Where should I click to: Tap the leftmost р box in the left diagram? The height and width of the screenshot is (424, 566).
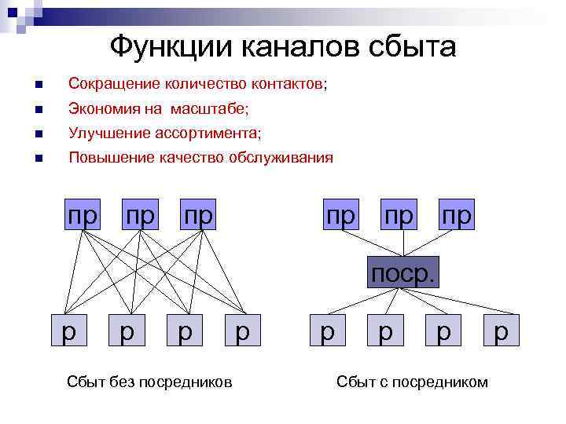click(69, 331)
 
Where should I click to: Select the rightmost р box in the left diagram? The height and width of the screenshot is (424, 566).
click(243, 331)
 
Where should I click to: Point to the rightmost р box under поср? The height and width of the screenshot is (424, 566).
click(502, 331)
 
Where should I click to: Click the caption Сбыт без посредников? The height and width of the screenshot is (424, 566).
click(150, 382)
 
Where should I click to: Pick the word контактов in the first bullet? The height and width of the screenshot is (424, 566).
click(288, 83)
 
